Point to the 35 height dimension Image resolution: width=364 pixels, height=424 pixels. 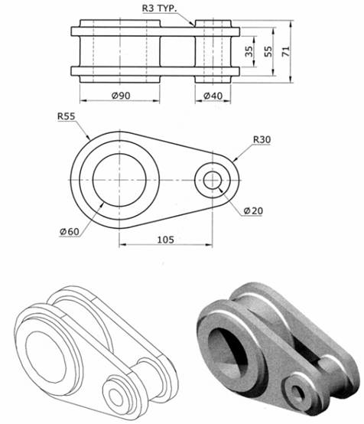pos(249,52)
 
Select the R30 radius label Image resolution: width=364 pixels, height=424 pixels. pos(262,139)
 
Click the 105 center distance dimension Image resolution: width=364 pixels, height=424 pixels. pos(165,240)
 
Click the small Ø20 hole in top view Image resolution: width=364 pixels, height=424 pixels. pos(212,181)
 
